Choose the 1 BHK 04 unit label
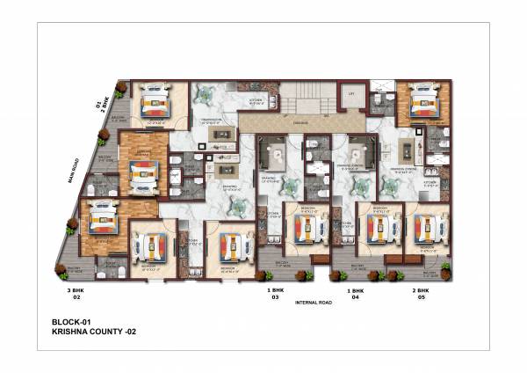(x=356, y=293)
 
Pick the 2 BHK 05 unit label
(x=421, y=293)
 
